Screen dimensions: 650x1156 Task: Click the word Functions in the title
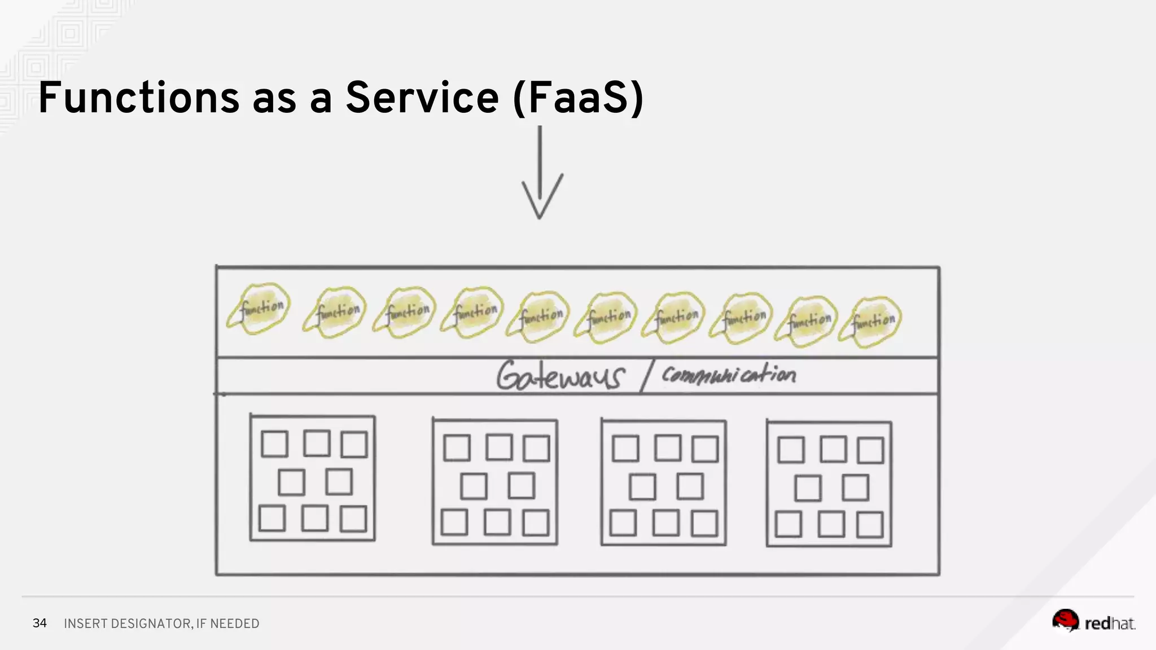(x=139, y=98)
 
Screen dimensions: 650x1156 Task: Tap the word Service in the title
(x=422, y=98)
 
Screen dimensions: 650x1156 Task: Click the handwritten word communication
(x=728, y=375)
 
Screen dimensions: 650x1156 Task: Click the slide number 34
(x=40, y=623)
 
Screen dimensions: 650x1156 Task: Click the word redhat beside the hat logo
(x=1110, y=623)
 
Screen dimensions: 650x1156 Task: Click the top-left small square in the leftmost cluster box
(x=275, y=444)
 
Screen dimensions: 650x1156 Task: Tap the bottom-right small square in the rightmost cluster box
(x=870, y=525)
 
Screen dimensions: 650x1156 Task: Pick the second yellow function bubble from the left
(x=336, y=311)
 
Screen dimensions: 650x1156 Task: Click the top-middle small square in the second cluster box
(x=499, y=447)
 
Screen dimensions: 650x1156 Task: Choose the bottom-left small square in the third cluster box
(x=623, y=523)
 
